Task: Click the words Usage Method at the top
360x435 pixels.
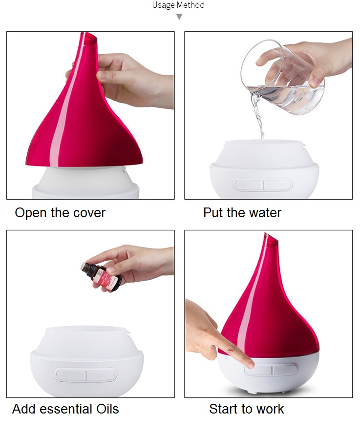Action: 178,5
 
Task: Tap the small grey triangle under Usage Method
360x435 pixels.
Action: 179,17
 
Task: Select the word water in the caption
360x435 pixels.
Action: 264,213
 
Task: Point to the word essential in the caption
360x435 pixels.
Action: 65,409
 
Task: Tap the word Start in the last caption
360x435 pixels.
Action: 224,409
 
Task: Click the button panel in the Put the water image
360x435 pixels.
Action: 263,185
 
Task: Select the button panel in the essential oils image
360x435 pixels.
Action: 86,375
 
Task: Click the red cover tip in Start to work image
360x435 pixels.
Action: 268,239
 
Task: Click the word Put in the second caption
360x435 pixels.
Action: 212,213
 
